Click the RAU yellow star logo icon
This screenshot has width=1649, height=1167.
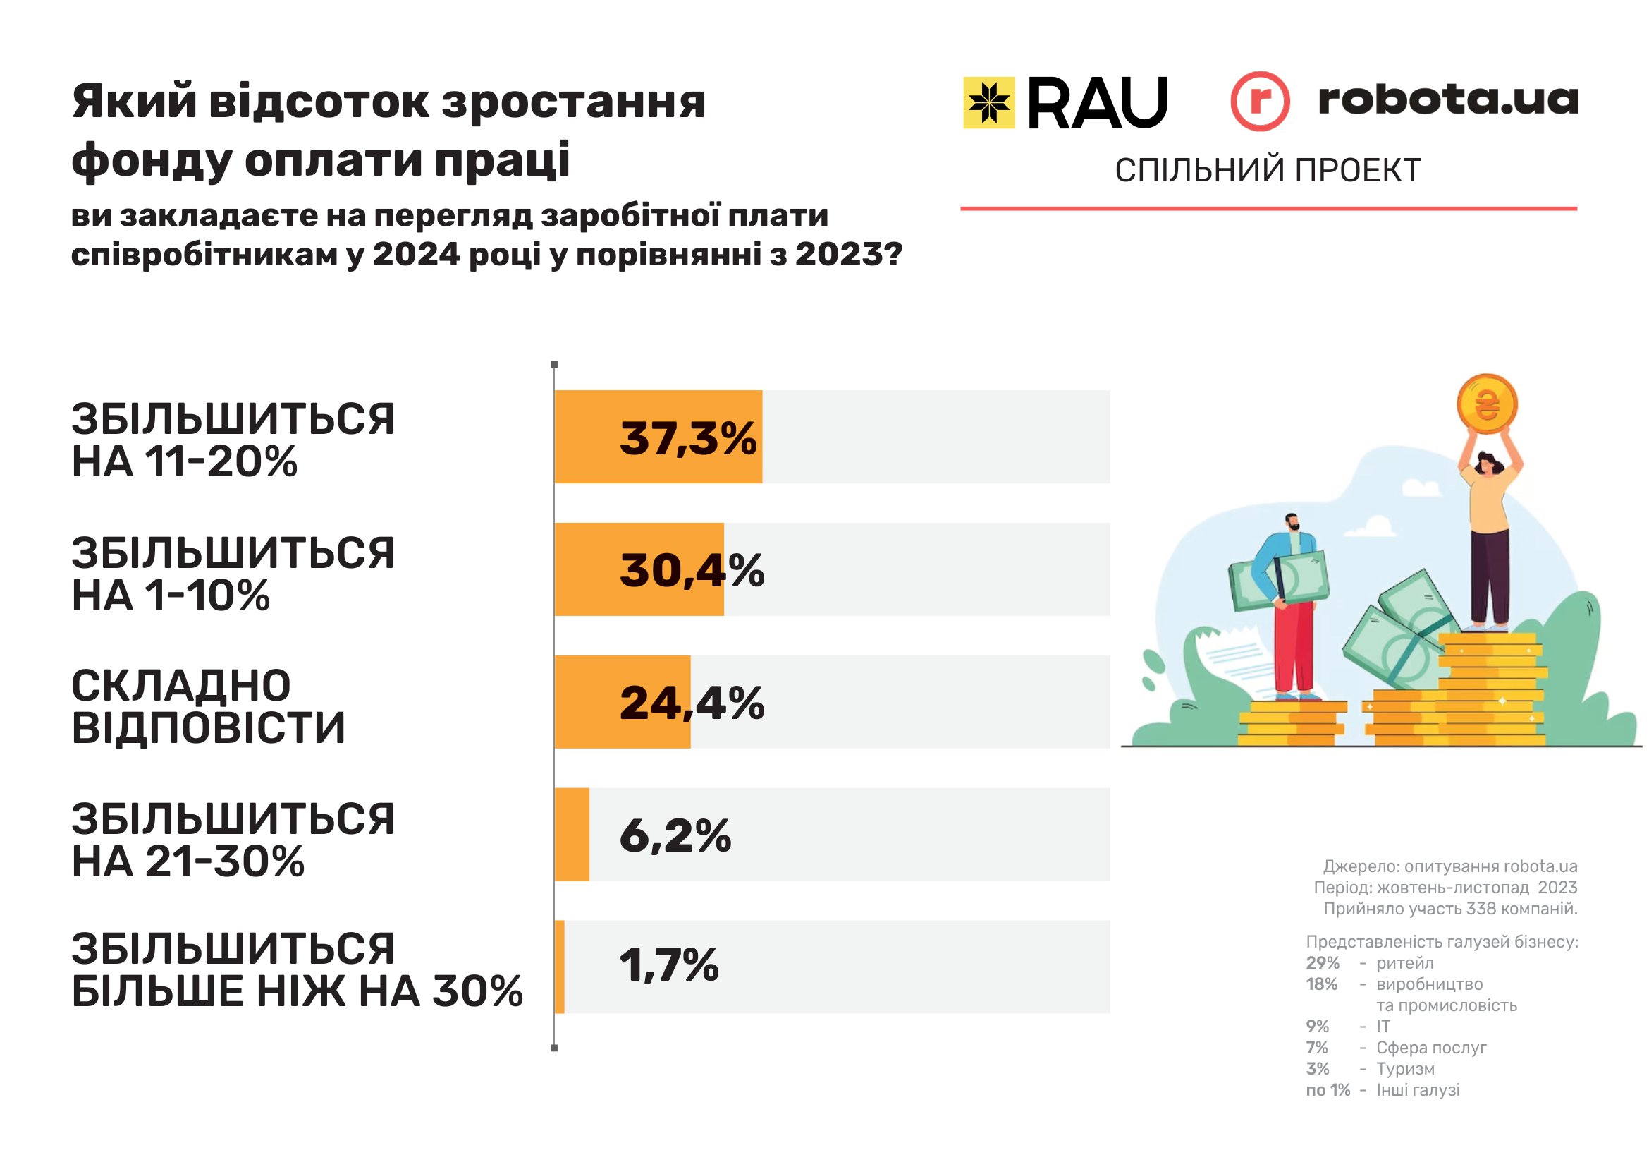point(988,103)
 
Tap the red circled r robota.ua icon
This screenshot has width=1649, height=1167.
point(1260,102)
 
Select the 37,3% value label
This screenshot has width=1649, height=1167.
point(687,437)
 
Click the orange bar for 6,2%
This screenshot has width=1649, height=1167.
point(572,834)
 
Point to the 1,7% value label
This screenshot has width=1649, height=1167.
point(668,965)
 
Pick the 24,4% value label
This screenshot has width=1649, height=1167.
point(691,703)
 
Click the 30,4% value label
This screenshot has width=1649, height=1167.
point(691,571)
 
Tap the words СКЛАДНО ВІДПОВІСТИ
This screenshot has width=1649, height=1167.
point(208,706)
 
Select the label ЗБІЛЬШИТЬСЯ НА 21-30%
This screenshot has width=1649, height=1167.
point(233,840)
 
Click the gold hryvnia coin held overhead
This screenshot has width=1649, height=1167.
point(1486,404)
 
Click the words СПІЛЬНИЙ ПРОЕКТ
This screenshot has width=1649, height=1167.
point(1268,171)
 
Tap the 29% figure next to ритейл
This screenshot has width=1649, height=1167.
point(1322,963)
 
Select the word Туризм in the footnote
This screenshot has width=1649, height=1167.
point(1405,1068)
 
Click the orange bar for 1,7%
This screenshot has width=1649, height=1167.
point(560,967)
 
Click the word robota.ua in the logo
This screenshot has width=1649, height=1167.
point(1448,100)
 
